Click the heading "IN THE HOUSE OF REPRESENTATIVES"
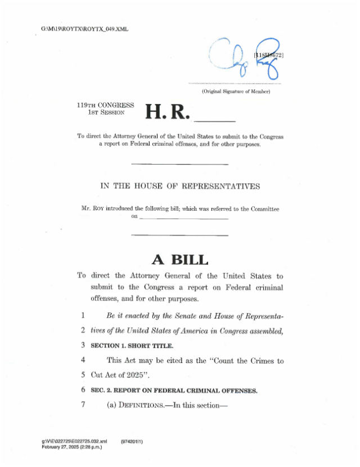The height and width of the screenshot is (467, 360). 180,186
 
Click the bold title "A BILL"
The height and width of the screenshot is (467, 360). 180,260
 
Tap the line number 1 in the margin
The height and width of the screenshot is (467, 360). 82,316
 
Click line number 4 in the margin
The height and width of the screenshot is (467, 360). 82,359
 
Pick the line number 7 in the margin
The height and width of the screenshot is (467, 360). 82,403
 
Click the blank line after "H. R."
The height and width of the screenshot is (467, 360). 214,120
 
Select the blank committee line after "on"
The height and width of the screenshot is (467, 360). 183,217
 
